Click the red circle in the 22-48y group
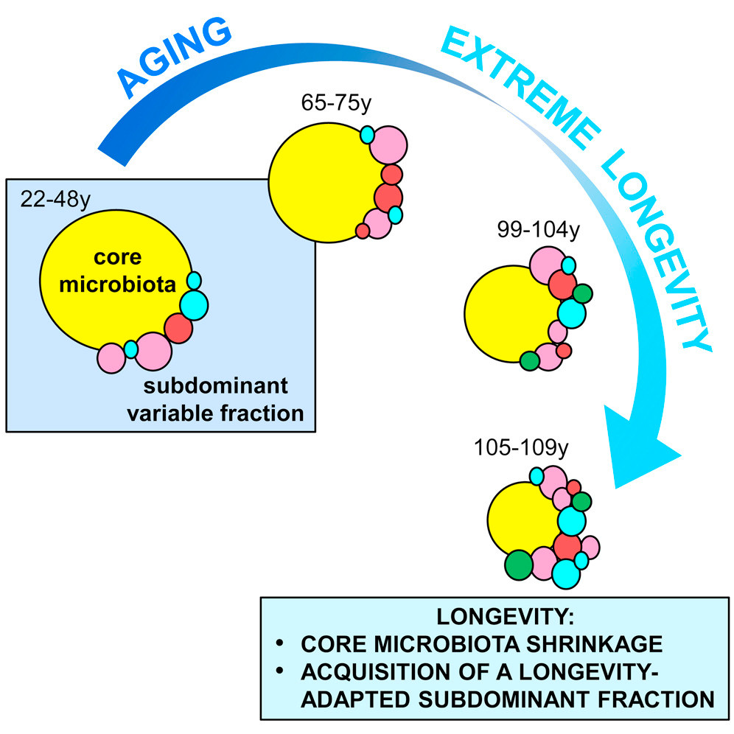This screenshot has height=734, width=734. pyautogui.click(x=178, y=328)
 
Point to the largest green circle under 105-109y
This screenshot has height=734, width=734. pyautogui.click(x=519, y=565)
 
